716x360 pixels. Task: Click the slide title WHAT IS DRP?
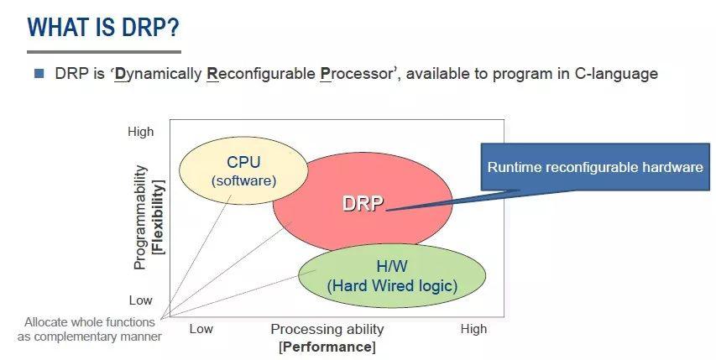103,27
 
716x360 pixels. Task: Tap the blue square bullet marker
39,73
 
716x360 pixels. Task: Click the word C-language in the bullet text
617,74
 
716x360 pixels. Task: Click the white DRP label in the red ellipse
363,203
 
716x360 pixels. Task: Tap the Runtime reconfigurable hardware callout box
595,167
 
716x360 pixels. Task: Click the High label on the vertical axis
140,132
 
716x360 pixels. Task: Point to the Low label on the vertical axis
140,300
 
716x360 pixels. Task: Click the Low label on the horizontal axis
201,329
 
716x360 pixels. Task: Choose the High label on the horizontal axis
473,329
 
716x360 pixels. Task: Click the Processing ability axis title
327,329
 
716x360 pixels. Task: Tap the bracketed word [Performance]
327,346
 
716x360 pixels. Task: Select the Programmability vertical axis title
140,217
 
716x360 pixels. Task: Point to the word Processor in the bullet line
357,74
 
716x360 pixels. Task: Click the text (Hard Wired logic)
392,285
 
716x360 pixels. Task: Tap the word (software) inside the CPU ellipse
243,180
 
